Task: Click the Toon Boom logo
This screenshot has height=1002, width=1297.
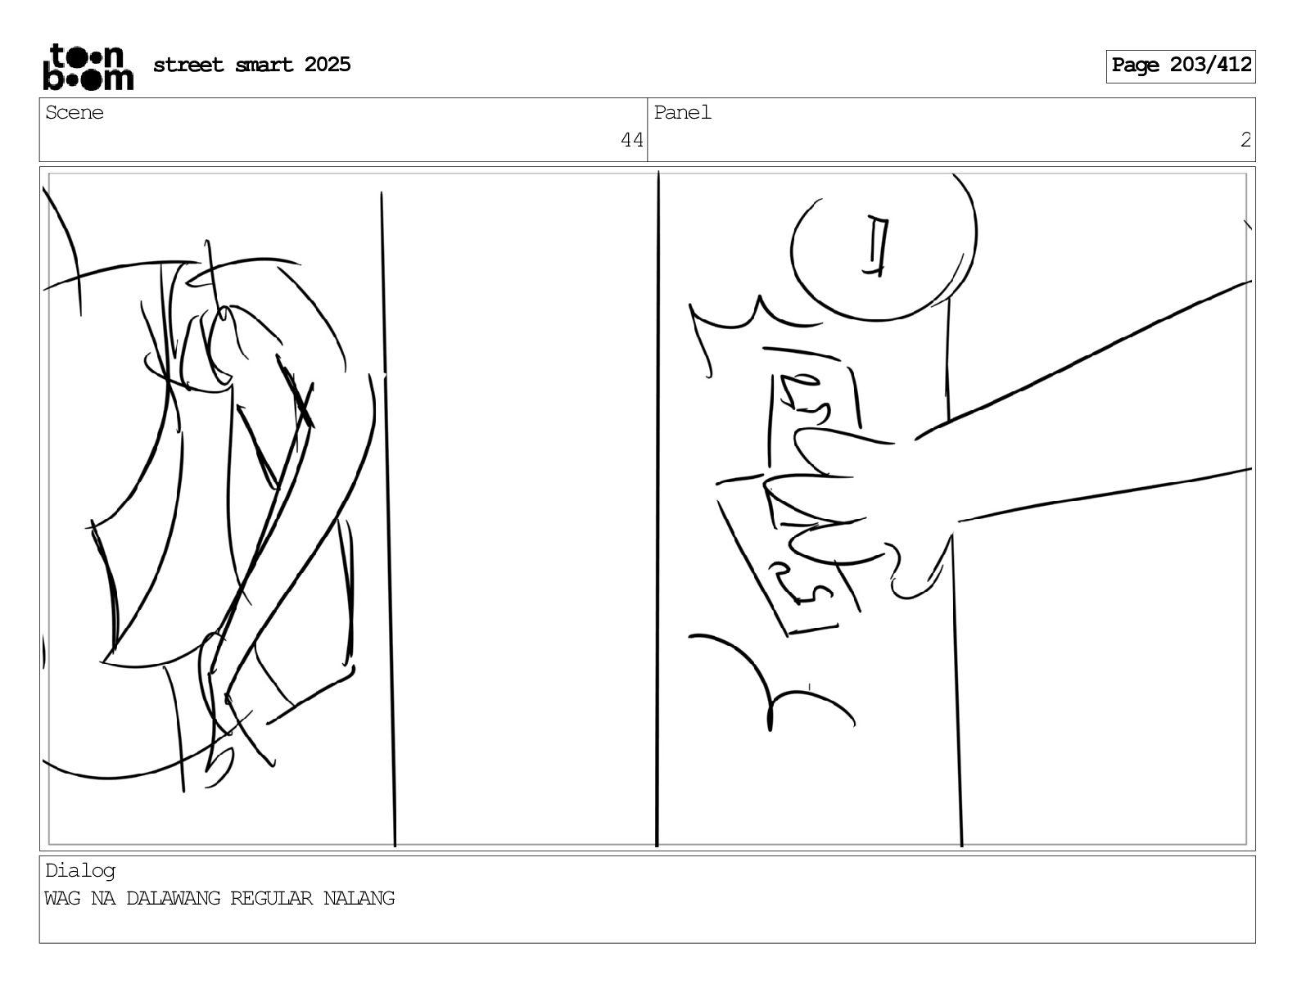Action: (x=88, y=67)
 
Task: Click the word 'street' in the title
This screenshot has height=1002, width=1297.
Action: (x=188, y=65)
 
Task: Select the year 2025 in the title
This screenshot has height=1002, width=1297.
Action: (x=328, y=65)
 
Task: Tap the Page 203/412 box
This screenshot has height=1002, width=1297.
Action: (x=1181, y=66)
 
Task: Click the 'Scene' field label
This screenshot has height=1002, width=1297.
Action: (x=75, y=113)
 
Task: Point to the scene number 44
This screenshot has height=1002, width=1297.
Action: (x=632, y=140)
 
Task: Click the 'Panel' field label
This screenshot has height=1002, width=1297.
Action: (x=682, y=113)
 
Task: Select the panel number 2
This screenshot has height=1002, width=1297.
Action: (x=1245, y=140)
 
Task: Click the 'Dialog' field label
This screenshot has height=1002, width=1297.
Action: (x=80, y=871)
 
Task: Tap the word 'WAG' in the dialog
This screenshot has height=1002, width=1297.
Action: (x=63, y=898)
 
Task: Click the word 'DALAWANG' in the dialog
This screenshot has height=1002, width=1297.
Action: (x=173, y=898)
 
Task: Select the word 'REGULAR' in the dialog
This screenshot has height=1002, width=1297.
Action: (x=272, y=898)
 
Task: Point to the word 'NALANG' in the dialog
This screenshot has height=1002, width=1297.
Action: (x=359, y=898)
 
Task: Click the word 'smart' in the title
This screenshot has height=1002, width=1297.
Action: (x=264, y=65)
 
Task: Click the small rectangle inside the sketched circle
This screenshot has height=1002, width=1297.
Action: (x=876, y=246)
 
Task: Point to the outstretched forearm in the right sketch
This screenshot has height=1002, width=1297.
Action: (x=1098, y=417)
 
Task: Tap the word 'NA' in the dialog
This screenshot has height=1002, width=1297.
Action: (x=103, y=898)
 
